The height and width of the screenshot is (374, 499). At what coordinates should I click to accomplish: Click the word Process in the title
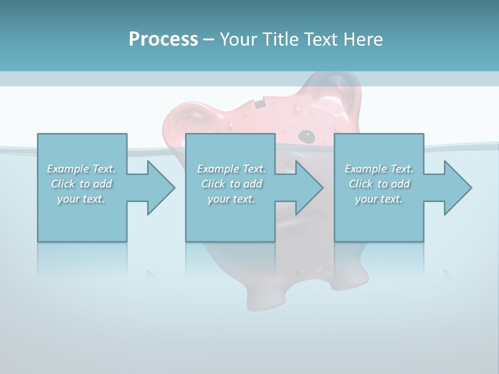pyautogui.click(x=163, y=39)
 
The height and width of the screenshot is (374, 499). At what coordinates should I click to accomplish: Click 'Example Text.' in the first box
pyautogui.click(x=82, y=169)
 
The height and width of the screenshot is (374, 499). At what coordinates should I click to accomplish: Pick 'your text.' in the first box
pyautogui.click(x=82, y=199)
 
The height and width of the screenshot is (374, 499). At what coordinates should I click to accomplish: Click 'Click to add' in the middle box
pyautogui.click(x=231, y=184)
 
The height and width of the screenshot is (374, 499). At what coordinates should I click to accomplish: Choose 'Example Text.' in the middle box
pyautogui.click(x=231, y=169)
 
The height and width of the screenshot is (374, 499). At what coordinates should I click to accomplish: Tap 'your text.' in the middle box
pyautogui.click(x=231, y=199)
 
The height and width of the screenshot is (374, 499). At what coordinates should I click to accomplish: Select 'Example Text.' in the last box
pyautogui.click(x=379, y=169)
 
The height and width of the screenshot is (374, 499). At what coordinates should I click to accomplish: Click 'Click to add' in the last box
pyautogui.click(x=379, y=184)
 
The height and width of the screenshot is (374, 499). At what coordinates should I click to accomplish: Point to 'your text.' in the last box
pyautogui.click(x=379, y=199)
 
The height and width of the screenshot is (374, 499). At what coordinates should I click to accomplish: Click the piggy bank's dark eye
pyautogui.click(x=307, y=136)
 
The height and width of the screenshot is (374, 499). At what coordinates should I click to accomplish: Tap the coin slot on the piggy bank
pyautogui.click(x=260, y=103)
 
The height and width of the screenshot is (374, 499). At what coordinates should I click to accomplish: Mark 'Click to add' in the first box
pyautogui.click(x=82, y=184)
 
